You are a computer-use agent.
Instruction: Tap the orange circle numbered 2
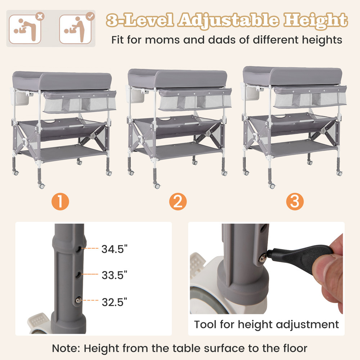coord(178,202)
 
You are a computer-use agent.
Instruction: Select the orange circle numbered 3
coord(295,202)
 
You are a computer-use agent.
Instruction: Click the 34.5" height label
coord(114,249)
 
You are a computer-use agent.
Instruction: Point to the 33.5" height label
coord(114,275)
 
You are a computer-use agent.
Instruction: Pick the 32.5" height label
coord(114,301)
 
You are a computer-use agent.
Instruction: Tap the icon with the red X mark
coord(25,28)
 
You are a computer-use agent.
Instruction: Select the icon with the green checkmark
coord(75,28)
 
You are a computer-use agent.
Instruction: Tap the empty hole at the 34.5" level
coord(80,248)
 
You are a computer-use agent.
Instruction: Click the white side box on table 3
coord(248,91)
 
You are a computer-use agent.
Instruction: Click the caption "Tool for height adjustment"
coord(266,324)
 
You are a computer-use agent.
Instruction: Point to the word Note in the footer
coord(67,348)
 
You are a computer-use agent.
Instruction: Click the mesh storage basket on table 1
coord(79,102)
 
